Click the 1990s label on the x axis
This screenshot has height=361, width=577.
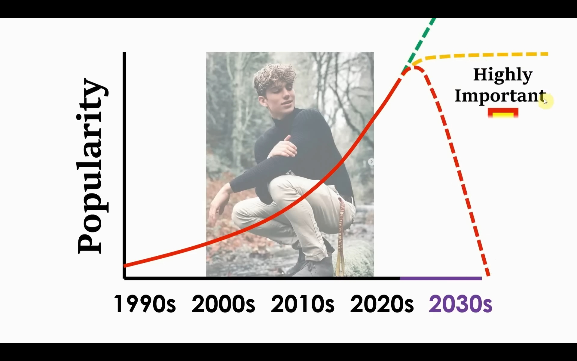tap(145, 304)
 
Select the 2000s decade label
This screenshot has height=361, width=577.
tap(223, 304)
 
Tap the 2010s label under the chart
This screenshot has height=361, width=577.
tap(303, 304)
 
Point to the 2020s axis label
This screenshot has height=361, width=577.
tap(382, 304)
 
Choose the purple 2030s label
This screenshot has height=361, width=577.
tap(461, 304)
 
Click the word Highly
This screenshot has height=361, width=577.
tap(503, 75)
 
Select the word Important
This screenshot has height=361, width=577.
tap(500, 96)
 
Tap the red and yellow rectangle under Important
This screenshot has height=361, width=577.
tap(503, 113)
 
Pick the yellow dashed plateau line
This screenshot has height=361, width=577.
tap(481, 55)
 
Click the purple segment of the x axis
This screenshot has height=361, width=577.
tap(441, 278)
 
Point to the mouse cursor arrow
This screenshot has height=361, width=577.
tap(545, 101)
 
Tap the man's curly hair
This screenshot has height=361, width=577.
tap(273, 77)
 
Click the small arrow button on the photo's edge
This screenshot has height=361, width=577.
tap(371, 162)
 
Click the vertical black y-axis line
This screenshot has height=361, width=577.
tap(124, 165)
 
